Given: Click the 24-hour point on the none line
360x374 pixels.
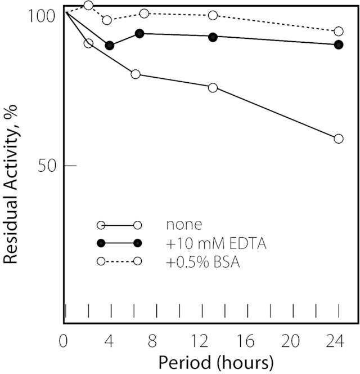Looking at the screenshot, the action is tap(339, 139).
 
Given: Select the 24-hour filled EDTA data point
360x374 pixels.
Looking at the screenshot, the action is tap(339, 44).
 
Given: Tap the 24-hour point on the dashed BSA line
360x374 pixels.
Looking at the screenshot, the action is tap(339, 31).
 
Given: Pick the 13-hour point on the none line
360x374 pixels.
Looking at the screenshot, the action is tap(213, 88).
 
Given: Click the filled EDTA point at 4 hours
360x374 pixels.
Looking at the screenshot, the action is tap(109, 45).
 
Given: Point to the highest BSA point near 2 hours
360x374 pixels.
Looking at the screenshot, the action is tap(88, 5).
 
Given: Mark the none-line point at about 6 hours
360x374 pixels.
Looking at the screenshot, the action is tap(136, 74).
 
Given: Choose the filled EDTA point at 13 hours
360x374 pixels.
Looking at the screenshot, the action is tap(213, 37).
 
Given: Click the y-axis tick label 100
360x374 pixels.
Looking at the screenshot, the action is tap(42, 16).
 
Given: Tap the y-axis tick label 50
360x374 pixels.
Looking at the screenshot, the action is tap(47, 166).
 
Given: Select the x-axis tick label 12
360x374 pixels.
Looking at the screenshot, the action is tap(200, 341).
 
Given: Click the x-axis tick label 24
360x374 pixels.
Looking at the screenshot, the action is tap(335, 341).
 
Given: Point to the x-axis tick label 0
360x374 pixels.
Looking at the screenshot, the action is tap(63, 341).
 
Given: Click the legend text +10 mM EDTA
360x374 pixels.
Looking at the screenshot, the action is tap(216, 243).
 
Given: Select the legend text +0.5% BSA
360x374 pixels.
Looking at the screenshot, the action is tap(202, 262).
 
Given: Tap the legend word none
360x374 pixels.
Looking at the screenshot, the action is tap(184, 225).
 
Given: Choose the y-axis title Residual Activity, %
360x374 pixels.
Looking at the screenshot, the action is tap(10, 184).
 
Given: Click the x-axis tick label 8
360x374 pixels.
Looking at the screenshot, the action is tap(152, 341).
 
